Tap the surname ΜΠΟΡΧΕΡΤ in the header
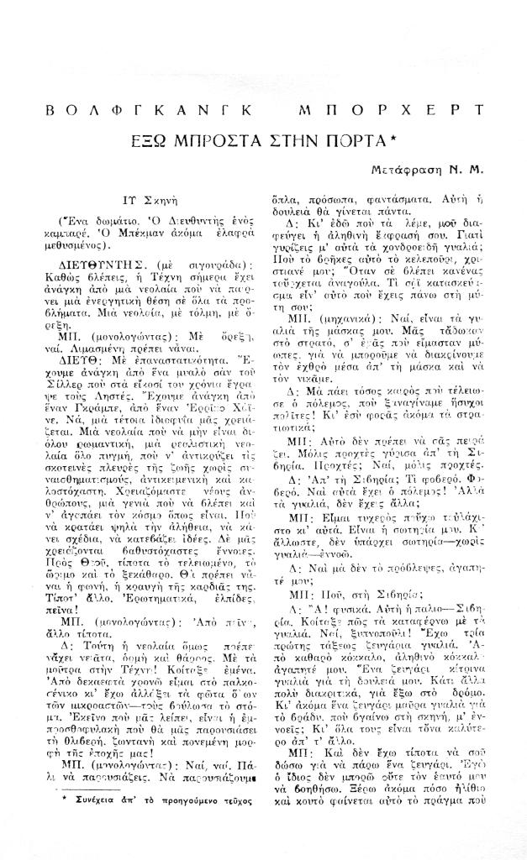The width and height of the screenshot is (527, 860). tap(391, 111)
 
